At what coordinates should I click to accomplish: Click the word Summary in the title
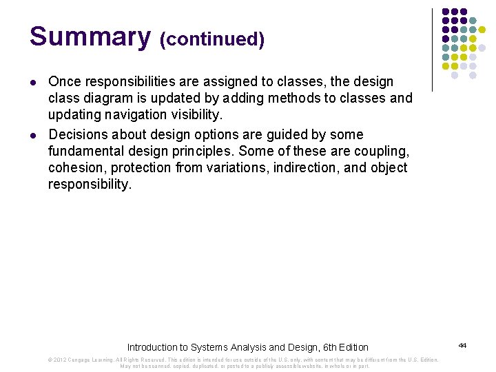point(89,37)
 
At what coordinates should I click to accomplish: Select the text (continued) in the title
point(211,40)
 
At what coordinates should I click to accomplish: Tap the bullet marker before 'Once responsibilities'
point(34,83)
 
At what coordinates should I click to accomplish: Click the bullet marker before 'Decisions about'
point(34,135)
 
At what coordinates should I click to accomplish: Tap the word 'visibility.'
point(196,115)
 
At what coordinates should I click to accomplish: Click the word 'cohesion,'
point(77,167)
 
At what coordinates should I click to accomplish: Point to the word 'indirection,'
point(305,167)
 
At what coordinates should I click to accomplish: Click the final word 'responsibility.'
point(89,184)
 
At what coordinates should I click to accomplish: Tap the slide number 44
point(462,345)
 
